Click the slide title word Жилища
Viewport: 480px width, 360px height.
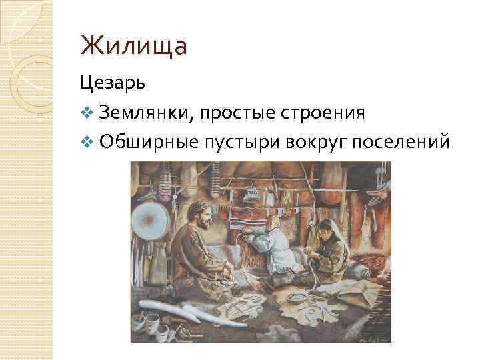[x=133, y=47]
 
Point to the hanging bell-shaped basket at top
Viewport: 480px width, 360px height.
[x=251, y=193]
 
